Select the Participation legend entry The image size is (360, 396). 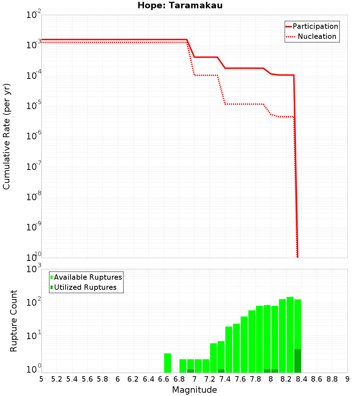pos(315,26)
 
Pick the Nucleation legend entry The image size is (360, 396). pos(316,36)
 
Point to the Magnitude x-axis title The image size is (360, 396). pos(194,390)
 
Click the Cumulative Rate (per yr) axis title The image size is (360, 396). pos(6,136)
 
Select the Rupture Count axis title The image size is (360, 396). pos(13,321)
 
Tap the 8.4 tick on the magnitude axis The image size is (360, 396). pos(301,379)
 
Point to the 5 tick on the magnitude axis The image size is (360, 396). pos(41,379)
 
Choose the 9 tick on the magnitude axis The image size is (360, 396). pos(347,379)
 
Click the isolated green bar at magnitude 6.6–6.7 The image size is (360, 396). pos(167,363)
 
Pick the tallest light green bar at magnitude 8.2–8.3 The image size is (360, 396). pos(290,335)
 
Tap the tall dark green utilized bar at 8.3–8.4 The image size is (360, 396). pos(297,361)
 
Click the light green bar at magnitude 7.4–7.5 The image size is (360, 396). pos(229,349)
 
